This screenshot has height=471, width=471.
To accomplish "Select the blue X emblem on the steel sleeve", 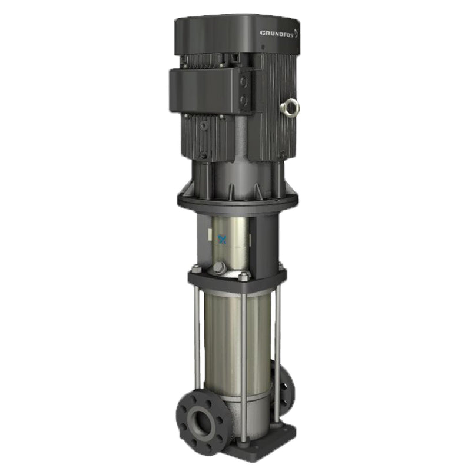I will coord(223,239).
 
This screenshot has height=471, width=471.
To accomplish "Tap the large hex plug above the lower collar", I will coord(220,268).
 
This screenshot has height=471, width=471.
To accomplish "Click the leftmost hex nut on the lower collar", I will coord(196,269).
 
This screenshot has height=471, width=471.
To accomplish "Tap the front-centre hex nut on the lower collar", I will coord(243,275).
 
